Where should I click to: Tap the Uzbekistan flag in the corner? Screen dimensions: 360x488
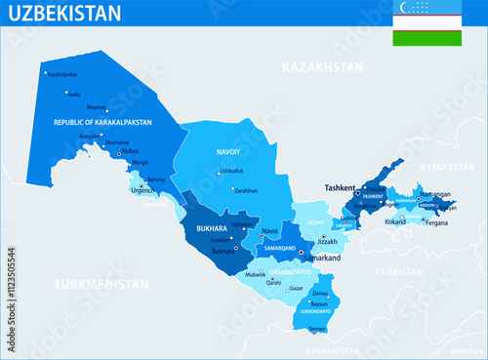tap(427, 23)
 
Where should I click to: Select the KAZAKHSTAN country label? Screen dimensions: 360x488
tap(321, 67)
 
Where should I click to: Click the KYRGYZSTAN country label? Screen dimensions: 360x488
tap(446, 168)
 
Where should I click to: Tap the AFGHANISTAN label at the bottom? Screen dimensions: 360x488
tap(334, 349)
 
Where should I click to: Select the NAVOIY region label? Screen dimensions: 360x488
tap(228, 152)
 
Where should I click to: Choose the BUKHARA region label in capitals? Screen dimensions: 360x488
tap(211, 229)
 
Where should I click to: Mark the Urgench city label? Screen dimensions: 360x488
tap(142, 190)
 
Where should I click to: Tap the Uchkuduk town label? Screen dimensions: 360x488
tap(231, 172)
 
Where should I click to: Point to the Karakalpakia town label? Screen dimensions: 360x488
tap(62, 73)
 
